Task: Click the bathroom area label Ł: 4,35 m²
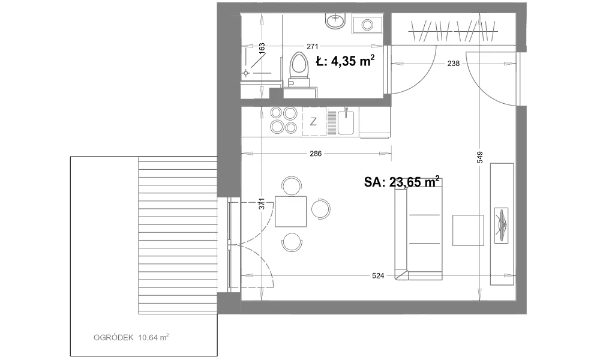click(x=345, y=61)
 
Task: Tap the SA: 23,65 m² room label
click(x=401, y=182)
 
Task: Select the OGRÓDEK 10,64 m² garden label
click(x=131, y=337)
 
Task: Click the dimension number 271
click(x=312, y=47)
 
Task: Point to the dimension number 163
click(x=262, y=49)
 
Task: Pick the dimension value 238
click(x=453, y=64)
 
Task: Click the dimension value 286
click(x=316, y=154)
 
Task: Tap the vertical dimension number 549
click(x=480, y=157)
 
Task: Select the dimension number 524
click(x=377, y=275)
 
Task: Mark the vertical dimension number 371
click(x=261, y=203)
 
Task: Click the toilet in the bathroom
click(x=298, y=70)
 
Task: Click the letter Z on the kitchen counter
click(x=313, y=122)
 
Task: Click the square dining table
click(x=291, y=211)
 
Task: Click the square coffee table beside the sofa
click(x=468, y=230)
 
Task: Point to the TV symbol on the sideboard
click(x=501, y=225)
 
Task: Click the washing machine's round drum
click(x=367, y=25)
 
